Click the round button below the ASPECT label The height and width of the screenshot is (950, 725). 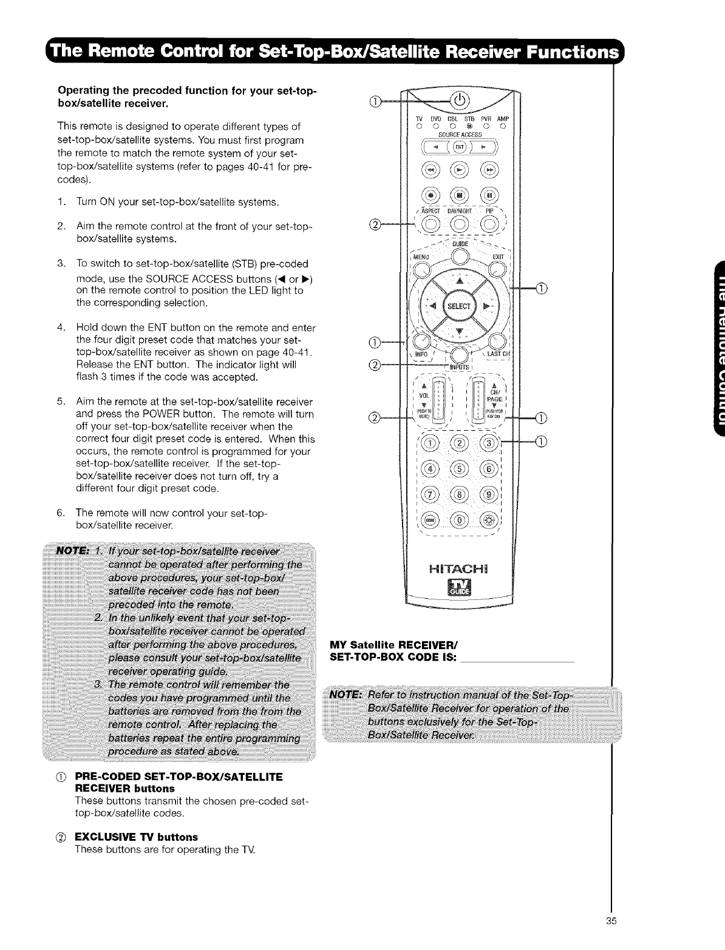pyautogui.click(x=431, y=224)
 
